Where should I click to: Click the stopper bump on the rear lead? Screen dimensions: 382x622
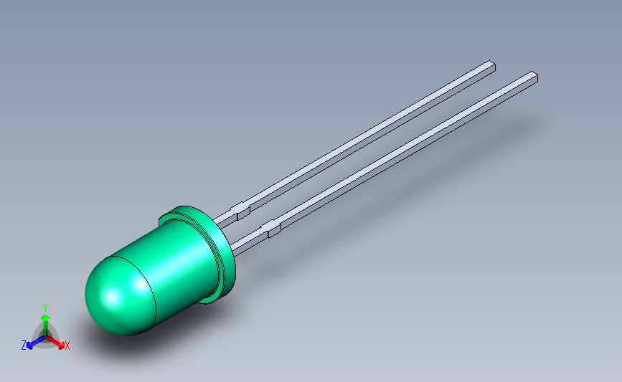pyautogui.click(x=242, y=211)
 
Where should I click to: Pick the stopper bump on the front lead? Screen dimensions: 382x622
pyautogui.click(x=273, y=229)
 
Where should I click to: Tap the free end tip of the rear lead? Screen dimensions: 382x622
pyautogui.click(x=491, y=65)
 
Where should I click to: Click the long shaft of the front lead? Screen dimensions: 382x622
pyautogui.click(x=402, y=153)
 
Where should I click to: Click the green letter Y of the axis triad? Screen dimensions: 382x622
pyautogui.click(x=45, y=306)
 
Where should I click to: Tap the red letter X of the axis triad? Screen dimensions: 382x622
pyautogui.click(x=67, y=346)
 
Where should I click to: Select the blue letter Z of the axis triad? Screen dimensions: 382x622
pyautogui.click(x=24, y=345)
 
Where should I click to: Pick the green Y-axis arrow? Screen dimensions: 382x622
pyautogui.click(x=45, y=320)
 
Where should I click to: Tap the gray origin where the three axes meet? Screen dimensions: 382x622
pyautogui.click(x=45, y=335)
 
